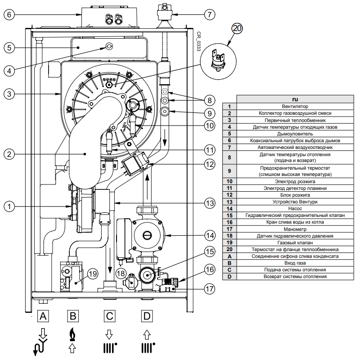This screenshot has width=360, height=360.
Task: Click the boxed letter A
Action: pyautogui.click(x=43, y=316)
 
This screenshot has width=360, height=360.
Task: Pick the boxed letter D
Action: pyautogui.click(x=147, y=316)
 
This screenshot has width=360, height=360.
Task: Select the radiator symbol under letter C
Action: pyautogui.click(x=109, y=348)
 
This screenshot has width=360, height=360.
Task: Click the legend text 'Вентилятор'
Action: pyautogui.click(x=295, y=106)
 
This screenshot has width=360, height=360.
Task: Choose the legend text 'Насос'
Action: pyautogui.click(x=295, y=209)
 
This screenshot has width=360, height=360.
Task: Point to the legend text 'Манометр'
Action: pyautogui.click(x=295, y=229)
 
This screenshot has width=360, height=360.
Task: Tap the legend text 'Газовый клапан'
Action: pyautogui.click(x=295, y=243)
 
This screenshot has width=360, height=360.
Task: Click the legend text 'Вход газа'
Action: pyautogui.click(x=295, y=263)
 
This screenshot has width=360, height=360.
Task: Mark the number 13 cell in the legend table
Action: pyautogui.click(x=229, y=202)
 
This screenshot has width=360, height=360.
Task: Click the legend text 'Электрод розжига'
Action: pyautogui.click(x=295, y=181)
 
